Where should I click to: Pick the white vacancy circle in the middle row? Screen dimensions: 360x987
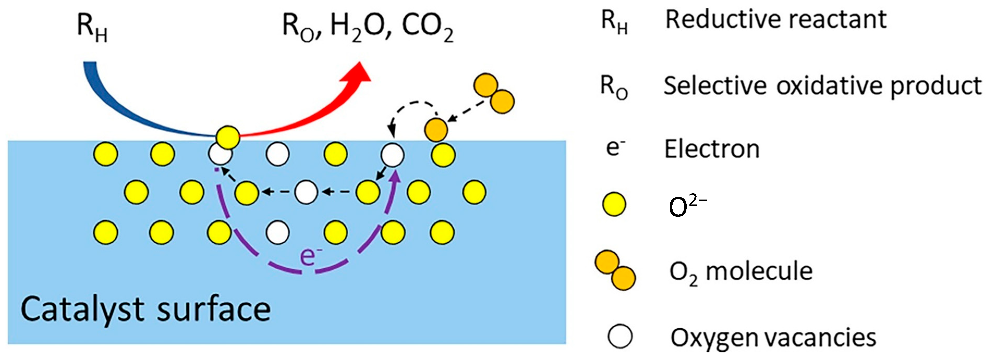(x=306, y=192)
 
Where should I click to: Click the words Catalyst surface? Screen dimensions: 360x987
(x=145, y=309)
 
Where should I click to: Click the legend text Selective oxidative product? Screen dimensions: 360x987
(x=822, y=86)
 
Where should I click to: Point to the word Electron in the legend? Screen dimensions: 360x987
(x=711, y=149)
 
